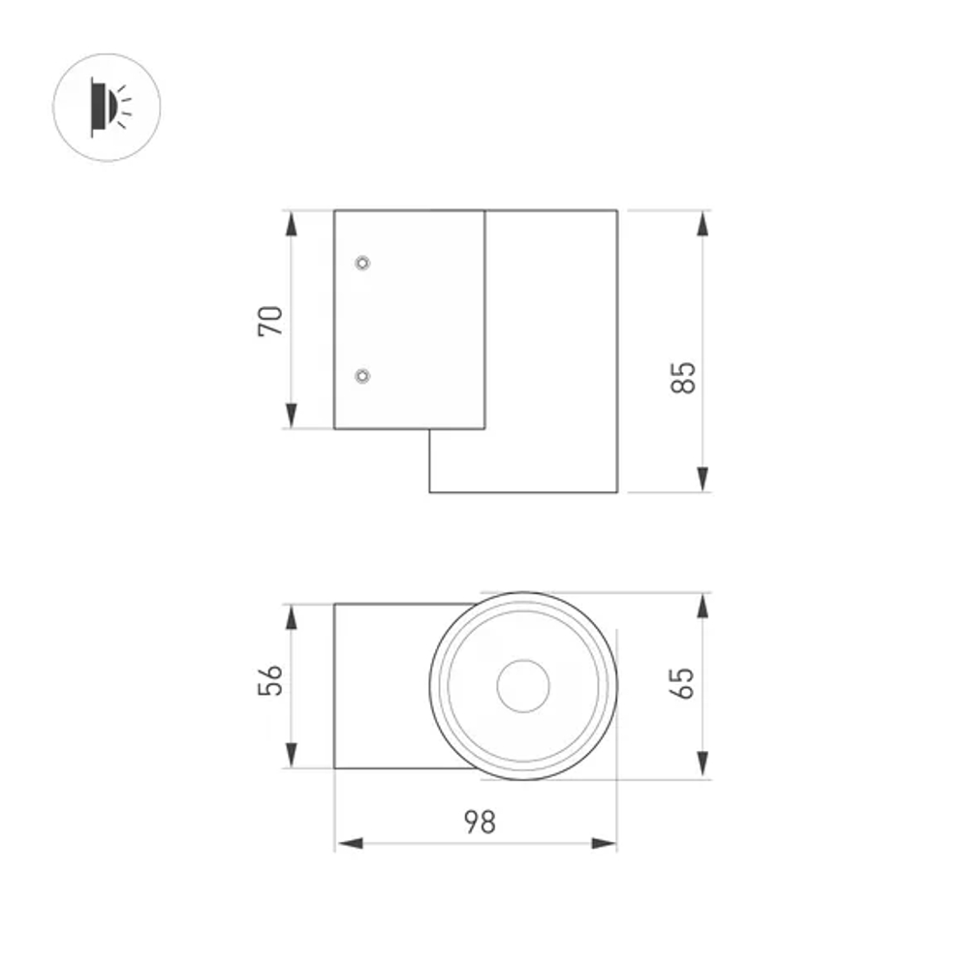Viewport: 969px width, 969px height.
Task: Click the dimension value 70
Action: click(x=272, y=320)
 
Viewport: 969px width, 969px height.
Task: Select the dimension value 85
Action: click(x=684, y=377)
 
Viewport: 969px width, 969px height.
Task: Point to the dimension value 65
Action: click(x=684, y=683)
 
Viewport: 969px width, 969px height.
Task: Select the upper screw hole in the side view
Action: click(x=362, y=263)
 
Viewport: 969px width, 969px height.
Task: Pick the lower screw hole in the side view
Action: click(x=362, y=376)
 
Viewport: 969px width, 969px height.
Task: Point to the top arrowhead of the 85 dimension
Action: click(x=703, y=224)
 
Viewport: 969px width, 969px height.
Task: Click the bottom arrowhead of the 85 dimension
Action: click(x=703, y=479)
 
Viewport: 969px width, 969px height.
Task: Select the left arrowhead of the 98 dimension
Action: click(x=349, y=843)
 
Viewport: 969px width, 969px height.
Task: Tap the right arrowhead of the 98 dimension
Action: click(x=604, y=843)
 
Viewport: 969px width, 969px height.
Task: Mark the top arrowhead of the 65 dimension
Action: click(x=703, y=606)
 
